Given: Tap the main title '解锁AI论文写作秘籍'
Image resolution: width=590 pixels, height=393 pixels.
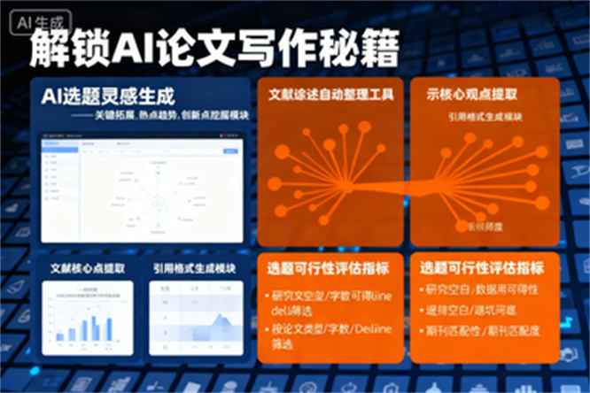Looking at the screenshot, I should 213,49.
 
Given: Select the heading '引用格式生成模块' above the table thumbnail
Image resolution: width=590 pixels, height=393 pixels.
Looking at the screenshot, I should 194,267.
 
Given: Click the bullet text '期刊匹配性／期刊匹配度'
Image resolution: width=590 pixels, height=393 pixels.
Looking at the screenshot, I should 482,332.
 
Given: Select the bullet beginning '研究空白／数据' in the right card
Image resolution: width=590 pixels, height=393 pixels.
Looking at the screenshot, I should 482,289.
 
